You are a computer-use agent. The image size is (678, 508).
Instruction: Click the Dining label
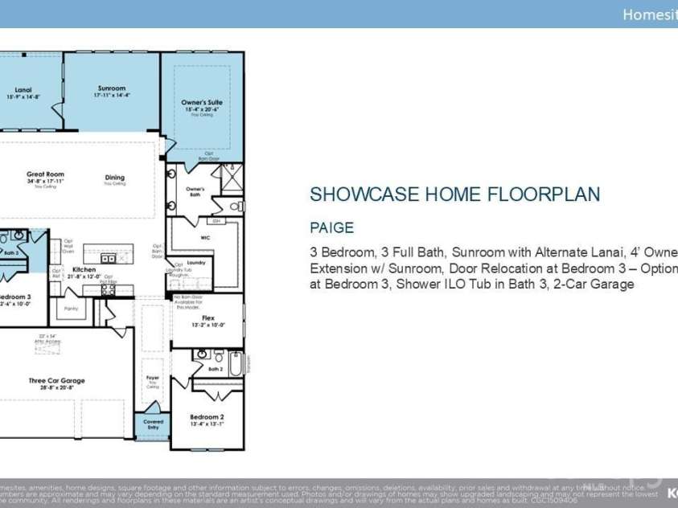click(x=115, y=178)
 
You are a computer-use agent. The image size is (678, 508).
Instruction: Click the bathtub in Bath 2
click(x=235, y=365)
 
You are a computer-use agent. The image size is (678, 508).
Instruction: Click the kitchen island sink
click(x=107, y=259)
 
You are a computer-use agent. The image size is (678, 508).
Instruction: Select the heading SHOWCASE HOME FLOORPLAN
click(x=455, y=195)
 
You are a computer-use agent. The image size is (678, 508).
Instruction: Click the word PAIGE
click(x=332, y=228)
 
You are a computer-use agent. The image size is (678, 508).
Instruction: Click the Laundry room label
click(x=196, y=263)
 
